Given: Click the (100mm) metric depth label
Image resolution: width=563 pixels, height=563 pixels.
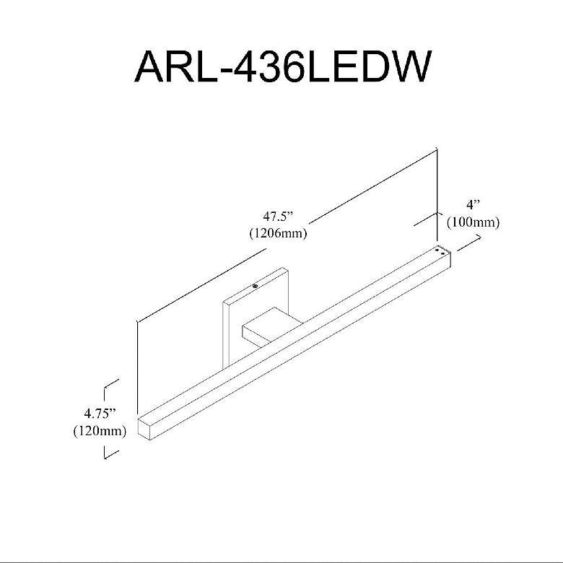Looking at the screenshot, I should [473, 222].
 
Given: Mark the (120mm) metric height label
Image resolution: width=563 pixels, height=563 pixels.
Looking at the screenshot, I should [100, 432].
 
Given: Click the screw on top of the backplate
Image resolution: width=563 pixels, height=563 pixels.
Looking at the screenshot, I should [255, 287].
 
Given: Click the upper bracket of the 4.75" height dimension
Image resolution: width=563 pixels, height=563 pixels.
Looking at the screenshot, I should [110, 390].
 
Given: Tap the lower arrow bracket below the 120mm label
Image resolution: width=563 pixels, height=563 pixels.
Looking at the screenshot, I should [110, 453].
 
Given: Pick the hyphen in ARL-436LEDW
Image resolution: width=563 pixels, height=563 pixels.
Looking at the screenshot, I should [220, 69].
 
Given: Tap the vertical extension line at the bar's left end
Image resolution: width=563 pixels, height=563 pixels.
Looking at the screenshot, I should [137, 368].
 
